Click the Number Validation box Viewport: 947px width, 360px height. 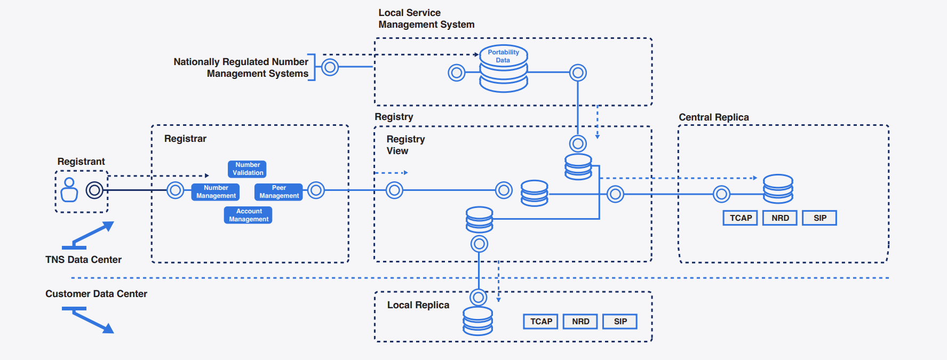pos(247,169)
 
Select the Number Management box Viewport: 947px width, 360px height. pos(216,192)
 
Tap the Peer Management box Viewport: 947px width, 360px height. pos(278,192)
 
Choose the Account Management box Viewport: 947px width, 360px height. pos(248,215)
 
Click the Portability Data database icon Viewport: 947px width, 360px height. pos(503,69)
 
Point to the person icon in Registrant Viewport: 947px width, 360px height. pos(69,190)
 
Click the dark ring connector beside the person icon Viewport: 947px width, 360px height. pos(94,190)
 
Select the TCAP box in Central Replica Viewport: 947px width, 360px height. pos(740,218)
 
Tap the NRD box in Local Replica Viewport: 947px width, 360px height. pos(580,322)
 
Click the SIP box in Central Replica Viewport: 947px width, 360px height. pos(819,218)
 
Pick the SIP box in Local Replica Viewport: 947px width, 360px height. pos(619,322)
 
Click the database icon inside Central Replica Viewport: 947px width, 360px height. pos(777,189)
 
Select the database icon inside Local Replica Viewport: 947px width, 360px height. pos(478,321)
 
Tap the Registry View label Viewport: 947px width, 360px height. pos(405,145)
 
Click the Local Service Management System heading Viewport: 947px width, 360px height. pos(426,19)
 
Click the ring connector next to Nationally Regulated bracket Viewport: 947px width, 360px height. pos(330,67)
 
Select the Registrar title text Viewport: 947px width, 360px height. pos(185,139)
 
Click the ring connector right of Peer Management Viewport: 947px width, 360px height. pos(316,190)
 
